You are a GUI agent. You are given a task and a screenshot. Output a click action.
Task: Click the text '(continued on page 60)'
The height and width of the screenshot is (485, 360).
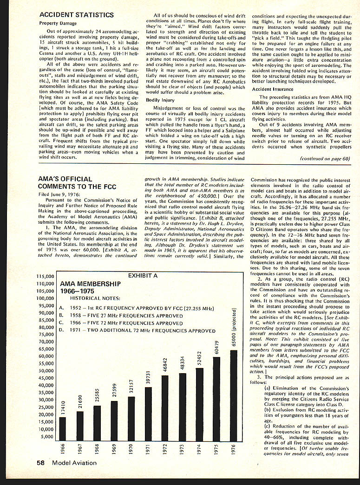(325, 158)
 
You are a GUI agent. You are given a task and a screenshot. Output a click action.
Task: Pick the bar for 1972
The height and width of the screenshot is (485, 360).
(164, 407)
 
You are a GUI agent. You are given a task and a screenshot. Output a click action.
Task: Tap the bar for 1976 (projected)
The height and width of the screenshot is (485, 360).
(233, 394)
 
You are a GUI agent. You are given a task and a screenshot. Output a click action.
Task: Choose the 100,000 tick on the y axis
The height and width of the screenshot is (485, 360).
(45, 298)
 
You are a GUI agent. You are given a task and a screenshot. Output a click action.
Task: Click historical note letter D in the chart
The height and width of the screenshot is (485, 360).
(62, 331)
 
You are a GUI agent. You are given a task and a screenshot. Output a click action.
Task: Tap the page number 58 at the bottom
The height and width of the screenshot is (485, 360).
(41, 462)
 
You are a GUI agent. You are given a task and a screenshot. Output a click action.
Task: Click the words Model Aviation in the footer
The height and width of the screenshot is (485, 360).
(74, 462)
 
